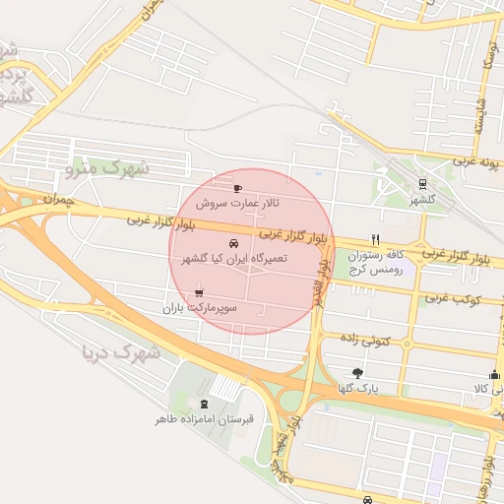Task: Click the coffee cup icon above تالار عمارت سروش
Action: [x=237, y=187]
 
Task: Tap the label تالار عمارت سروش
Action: [x=236, y=203]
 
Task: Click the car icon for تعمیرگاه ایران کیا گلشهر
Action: [x=232, y=242]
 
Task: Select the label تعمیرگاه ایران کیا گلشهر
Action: [x=234, y=258]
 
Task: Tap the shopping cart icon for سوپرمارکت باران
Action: [x=200, y=292]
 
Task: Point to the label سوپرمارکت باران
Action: [x=202, y=308]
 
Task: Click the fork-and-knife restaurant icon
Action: [x=375, y=239]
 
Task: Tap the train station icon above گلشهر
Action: [x=422, y=182]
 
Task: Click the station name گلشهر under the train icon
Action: [x=422, y=199]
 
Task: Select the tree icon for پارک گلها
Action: [x=356, y=373]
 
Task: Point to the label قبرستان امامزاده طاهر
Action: [x=204, y=419]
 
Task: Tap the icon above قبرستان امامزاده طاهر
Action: [x=204, y=404]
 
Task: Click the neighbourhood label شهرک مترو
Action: [x=107, y=169]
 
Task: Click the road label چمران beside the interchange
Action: [x=58, y=199]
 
